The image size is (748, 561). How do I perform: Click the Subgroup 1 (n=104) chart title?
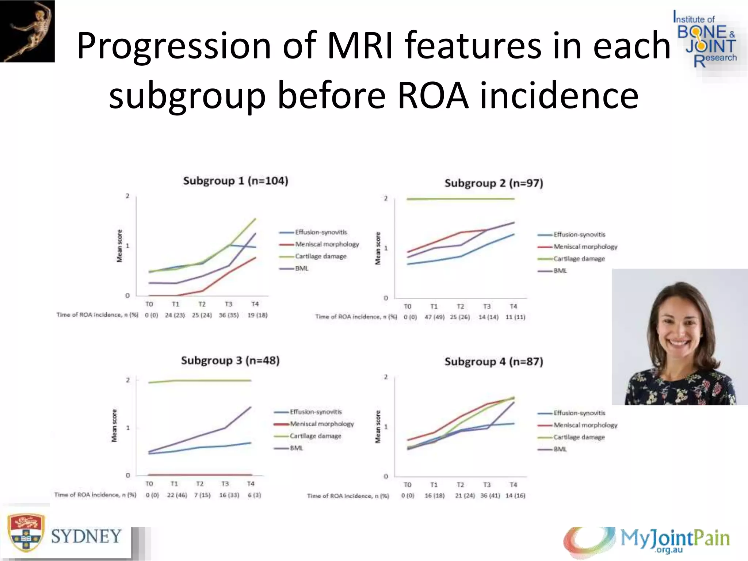[x=236, y=181]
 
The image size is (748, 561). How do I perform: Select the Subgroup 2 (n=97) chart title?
[x=493, y=183]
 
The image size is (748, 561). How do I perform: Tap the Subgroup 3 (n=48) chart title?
[x=230, y=361]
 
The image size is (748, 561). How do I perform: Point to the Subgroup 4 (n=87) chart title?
[x=493, y=362]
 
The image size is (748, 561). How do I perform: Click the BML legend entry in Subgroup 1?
[x=302, y=268]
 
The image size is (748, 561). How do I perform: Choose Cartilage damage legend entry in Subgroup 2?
[x=579, y=259]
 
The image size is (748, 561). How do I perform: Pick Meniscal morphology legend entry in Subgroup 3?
[x=322, y=424]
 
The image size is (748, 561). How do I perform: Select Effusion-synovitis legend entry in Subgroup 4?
[x=579, y=413]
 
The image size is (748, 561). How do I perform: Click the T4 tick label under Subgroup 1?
[x=255, y=304]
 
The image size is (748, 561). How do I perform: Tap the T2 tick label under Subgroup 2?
[x=460, y=306]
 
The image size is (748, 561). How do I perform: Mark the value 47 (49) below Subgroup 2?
[x=434, y=317]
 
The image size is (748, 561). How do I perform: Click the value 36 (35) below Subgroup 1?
[x=229, y=315]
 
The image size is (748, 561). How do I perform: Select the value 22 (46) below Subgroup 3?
[x=177, y=495]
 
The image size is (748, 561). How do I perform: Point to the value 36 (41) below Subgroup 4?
[x=489, y=496]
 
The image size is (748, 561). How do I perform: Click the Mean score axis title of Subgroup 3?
[x=114, y=425]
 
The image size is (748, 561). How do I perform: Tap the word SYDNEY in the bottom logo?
[x=86, y=537]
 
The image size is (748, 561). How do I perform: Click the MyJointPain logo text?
[x=675, y=538]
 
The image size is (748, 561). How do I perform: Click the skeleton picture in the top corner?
[x=27, y=31]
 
